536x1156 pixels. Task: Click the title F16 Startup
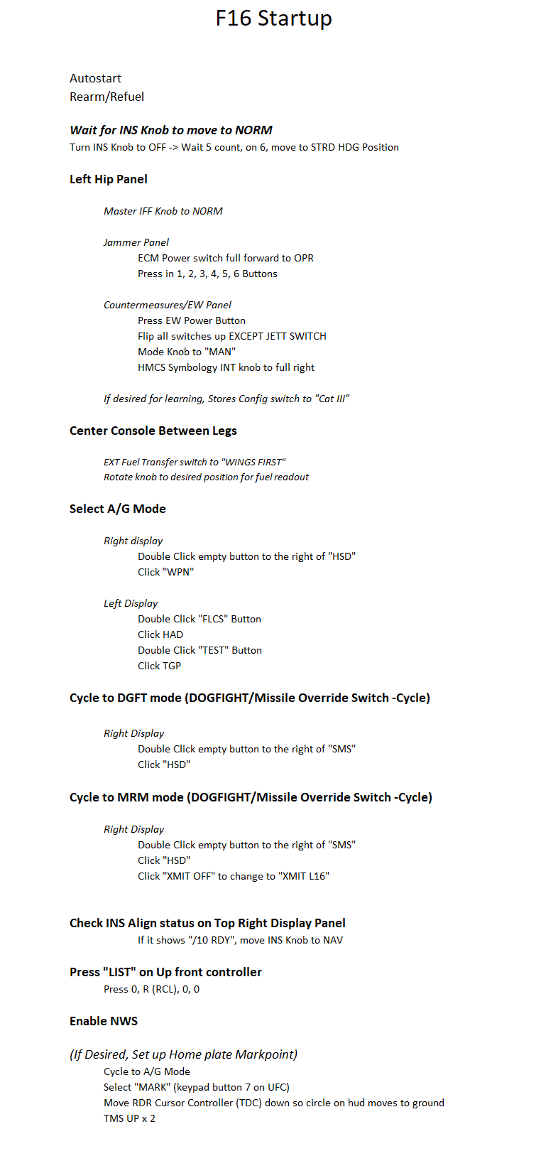273,18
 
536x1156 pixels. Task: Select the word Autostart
95,78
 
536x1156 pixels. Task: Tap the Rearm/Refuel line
106,97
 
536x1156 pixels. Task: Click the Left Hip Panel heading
109,179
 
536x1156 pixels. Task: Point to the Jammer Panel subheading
136,242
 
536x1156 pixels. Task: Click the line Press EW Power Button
192,320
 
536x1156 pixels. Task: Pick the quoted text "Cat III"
333,399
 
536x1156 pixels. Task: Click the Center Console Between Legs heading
153,431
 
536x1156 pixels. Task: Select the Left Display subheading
131,603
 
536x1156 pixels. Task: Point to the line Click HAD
160,634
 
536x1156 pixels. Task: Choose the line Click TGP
159,666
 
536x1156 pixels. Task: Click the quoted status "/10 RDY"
212,940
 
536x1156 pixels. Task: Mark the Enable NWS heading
104,1021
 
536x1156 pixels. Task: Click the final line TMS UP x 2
129,1118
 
